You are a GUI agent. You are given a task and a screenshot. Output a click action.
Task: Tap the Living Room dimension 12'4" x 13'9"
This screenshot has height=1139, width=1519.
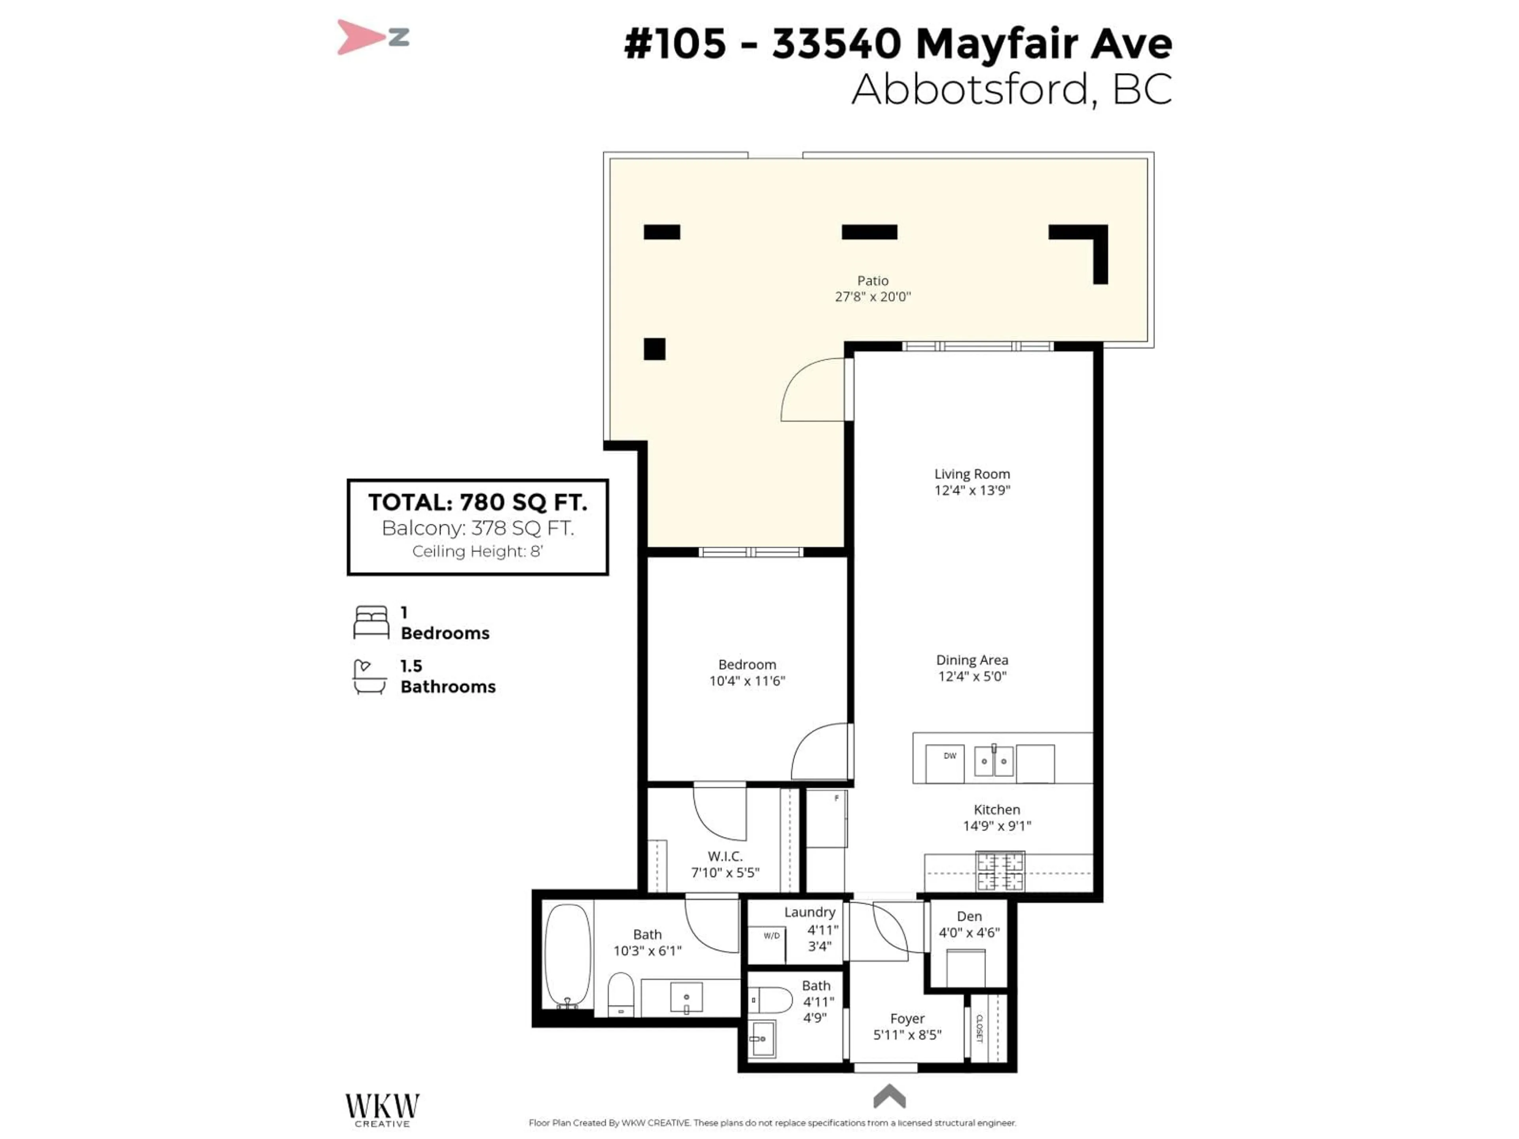pyautogui.click(x=972, y=490)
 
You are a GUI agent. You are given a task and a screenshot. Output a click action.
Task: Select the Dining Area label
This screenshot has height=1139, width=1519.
pyautogui.click(x=972, y=660)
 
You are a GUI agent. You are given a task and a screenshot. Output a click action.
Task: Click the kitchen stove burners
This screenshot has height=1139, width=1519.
pyautogui.click(x=1000, y=871)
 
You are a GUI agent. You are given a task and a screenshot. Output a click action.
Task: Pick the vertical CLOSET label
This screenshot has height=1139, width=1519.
pyautogui.click(x=980, y=1028)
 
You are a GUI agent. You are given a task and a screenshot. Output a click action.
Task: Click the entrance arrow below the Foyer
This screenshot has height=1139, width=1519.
pyautogui.click(x=889, y=1096)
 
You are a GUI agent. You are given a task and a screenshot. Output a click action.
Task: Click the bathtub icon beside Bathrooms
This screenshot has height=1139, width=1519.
pyautogui.click(x=369, y=677)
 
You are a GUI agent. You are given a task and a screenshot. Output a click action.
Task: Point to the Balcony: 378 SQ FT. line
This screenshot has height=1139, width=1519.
pyautogui.click(x=478, y=528)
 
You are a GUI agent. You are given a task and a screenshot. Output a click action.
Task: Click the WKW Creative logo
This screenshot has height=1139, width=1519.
pyautogui.click(x=382, y=1109)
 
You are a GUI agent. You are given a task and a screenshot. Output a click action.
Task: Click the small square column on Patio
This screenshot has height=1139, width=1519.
pyautogui.click(x=654, y=349)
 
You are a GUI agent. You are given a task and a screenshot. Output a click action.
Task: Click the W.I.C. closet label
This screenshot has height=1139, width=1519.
pyautogui.click(x=725, y=856)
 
